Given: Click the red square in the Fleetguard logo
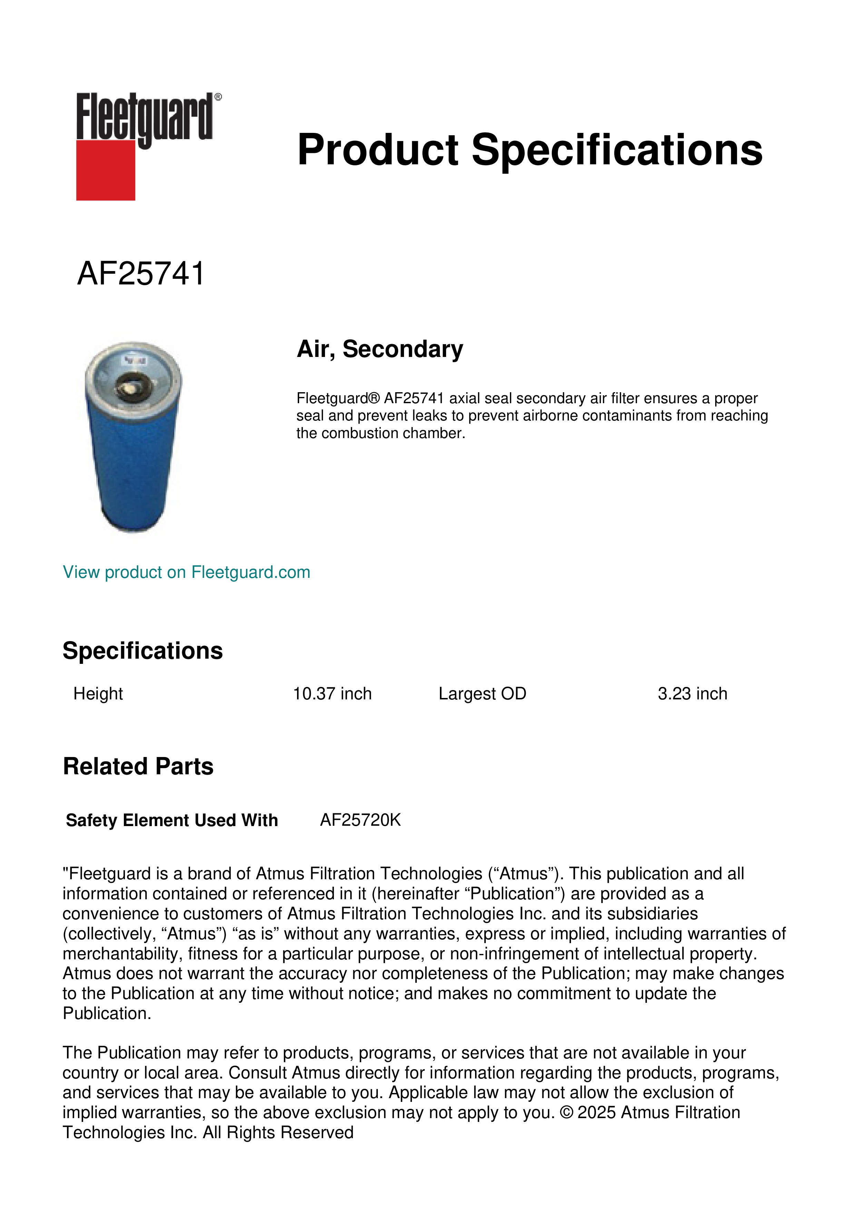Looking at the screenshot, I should (x=106, y=170).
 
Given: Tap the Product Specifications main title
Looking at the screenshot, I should (x=530, y=150).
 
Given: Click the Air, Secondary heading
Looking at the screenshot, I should (x=380, y=349).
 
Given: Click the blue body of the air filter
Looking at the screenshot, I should (x=134, y=464).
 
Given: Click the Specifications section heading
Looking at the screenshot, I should (x=142, y=651).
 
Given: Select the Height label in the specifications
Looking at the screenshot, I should (x=98, y=694).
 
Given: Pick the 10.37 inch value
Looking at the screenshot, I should (x=332, y=694).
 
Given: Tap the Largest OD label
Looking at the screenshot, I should (x=482, y=694).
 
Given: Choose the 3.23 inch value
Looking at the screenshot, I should (x=692, y=694).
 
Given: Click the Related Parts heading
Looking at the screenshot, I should (x=138, y=766).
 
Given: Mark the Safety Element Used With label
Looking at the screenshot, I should (x=172, y=820).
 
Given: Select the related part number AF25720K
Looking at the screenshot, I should (x=361, y=820).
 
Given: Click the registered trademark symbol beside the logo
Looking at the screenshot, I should (x=218, y=97).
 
